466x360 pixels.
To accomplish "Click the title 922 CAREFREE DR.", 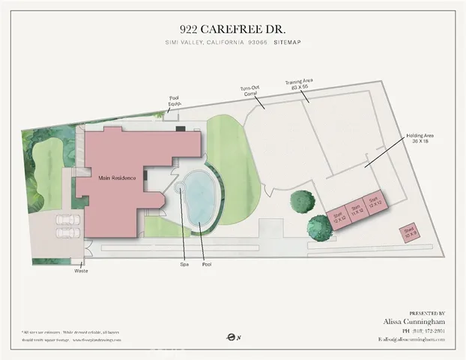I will pos(232,29).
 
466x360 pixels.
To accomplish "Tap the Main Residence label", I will pos(115,178).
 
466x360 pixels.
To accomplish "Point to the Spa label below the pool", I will pos(182,264).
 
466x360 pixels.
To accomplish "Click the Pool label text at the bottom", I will pos(206,264).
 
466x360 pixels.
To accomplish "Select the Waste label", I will pos(81,270).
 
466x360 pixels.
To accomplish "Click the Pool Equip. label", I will pos(174,100).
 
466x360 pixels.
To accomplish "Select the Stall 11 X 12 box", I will pos(357,208).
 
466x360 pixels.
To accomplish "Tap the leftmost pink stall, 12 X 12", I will pos(338,217).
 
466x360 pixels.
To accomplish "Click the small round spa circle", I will pos(180,190).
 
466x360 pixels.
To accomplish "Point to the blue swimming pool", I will pos(202,196).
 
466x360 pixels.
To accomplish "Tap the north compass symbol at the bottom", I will pos(232,337).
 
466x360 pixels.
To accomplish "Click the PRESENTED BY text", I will pos(427,312).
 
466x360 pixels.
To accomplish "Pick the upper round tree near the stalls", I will pos(303,201).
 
